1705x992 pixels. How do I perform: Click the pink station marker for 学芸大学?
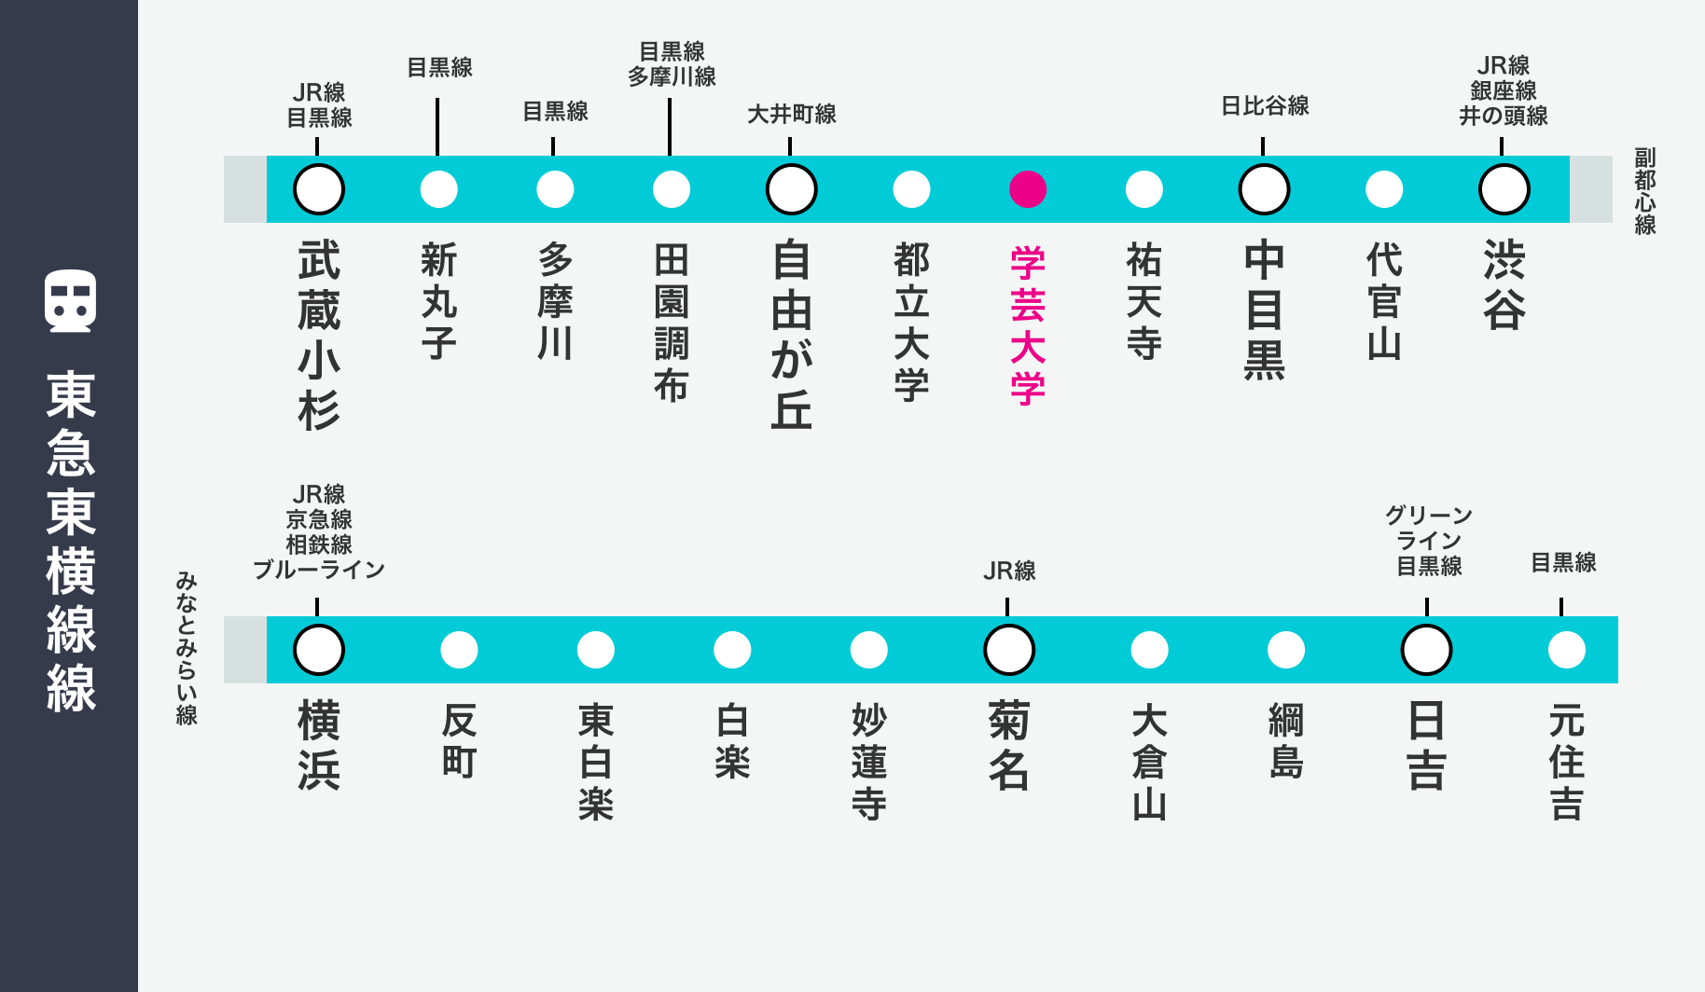point(1028,189)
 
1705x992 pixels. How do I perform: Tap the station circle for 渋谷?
point(1504,189)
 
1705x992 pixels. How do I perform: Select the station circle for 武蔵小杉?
point(319,189)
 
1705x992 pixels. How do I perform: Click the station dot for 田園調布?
point(672,189)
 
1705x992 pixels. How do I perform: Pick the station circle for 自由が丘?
point(792,189)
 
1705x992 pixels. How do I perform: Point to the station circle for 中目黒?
point(1264,189)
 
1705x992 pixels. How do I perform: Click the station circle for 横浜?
point(319,650)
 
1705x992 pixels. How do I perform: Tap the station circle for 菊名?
point(1009,650)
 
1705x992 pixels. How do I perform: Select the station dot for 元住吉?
point(1567,650)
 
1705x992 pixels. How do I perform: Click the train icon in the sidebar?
point(70,301)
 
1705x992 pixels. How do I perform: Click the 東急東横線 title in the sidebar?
point(71,542)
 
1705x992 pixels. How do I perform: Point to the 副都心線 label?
point(1645,191)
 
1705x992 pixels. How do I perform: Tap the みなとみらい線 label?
point(187,649)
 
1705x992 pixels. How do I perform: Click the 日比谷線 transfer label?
point(1265,106)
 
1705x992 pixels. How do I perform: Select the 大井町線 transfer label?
point(792,114)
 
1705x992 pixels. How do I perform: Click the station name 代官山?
point(1384,301)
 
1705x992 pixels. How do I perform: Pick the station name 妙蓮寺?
point(868,762)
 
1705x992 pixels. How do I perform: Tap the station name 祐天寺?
point(1144,301)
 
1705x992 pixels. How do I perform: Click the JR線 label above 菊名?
point(1009,571)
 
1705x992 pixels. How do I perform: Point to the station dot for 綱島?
point(1286,650)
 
